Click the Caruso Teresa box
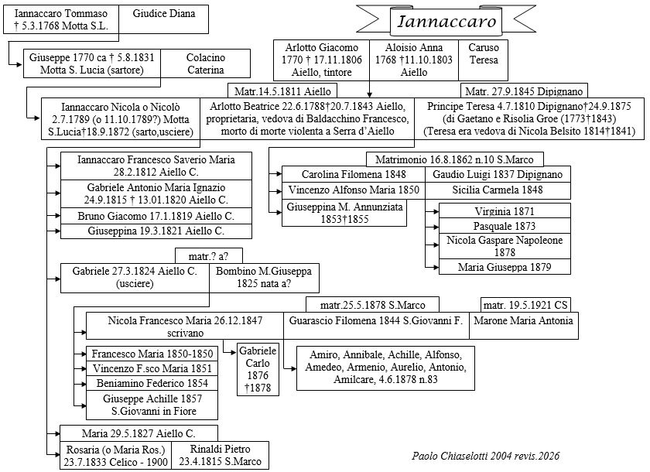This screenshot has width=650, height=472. tap(484, 54)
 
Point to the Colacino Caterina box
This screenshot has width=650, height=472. tap(206, 63)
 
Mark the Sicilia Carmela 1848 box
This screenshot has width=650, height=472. tap(498, 190)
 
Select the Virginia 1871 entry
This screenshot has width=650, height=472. tap(505, 210)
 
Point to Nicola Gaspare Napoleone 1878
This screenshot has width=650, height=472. tap(505, 246)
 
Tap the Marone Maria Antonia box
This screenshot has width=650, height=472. tap(523, 320)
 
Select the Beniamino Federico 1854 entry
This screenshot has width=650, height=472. tap(151, 383)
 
